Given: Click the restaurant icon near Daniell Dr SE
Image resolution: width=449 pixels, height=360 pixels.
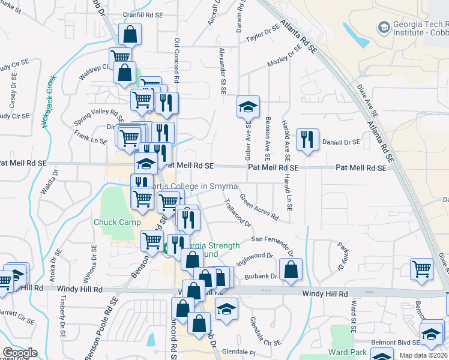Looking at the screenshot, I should coord(307,140).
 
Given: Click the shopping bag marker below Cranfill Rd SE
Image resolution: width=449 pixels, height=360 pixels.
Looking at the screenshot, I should coord(130,35).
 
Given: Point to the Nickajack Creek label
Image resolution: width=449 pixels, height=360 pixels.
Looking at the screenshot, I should coord(49,101).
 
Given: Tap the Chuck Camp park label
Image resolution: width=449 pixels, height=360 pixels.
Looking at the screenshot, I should coord(117,222).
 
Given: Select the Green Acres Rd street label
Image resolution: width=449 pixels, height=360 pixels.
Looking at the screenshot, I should coord(259,206).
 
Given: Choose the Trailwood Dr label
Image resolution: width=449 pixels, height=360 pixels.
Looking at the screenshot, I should coord(238,214).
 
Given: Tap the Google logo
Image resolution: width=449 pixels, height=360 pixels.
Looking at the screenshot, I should coord(20,353).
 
